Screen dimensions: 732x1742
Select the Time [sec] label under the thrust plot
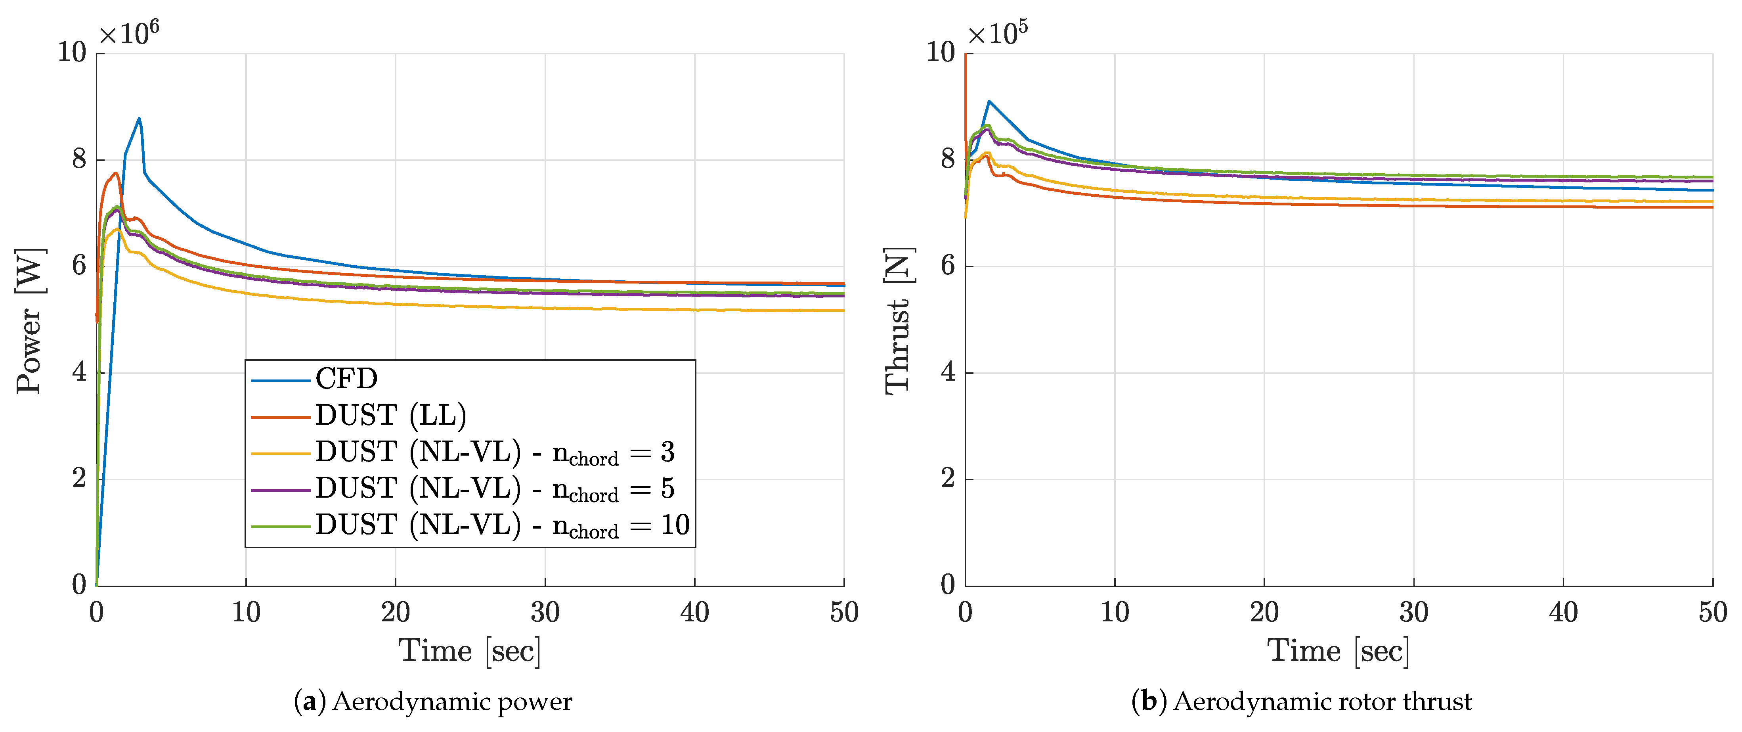tap(1338, 651)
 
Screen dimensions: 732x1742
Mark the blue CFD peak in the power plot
tap(139, 119)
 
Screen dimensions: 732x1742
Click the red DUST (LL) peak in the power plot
tap(116, 173)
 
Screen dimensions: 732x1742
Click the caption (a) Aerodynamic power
tap(433, 701)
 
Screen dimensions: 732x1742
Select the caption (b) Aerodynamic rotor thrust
tap(1301, 701)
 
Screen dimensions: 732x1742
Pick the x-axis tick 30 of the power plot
tap(545, 612)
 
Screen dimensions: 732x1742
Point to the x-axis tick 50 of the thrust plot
tap(1712, 612)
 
